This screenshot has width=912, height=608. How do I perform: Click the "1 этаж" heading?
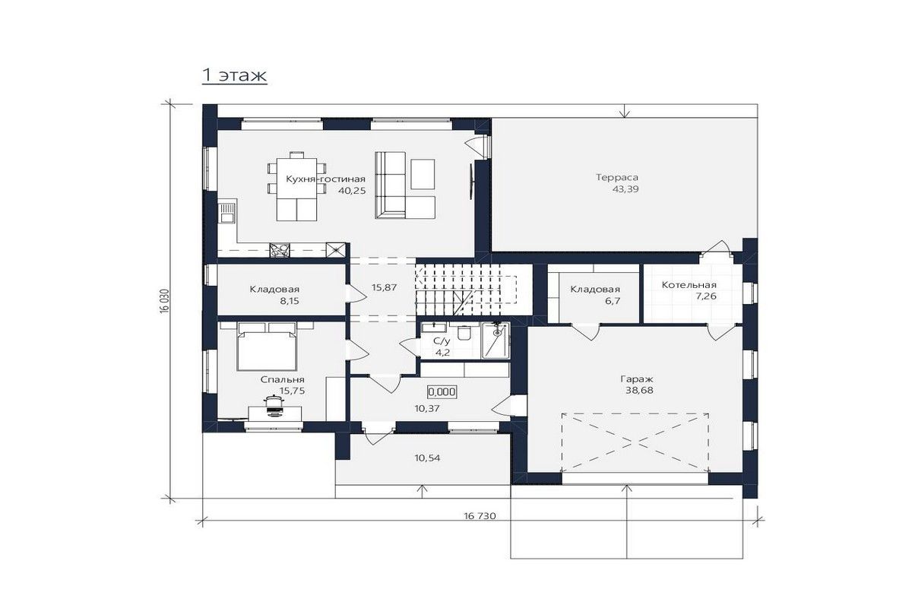pyautogui.click(x=235, y=75)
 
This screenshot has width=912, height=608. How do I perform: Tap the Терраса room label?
pyautogui.click(x=617, y=178)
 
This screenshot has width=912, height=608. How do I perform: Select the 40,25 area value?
pyautogui.click(x=352, y=190)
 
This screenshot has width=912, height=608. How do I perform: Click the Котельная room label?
pyautogui.click(x=689, y=285)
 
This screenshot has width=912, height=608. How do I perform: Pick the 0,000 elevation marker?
pyautogui.click(x=442, y=391)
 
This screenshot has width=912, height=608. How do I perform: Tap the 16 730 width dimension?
pyautogui.click(x=480, y=516)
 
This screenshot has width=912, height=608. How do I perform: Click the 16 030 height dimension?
pyautogui.click(x=164, y=302)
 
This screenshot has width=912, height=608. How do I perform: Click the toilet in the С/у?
pyautogui.click(x=464, y=332)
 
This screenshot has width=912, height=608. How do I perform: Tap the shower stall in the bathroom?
pyautogui.click(x=496, y=340)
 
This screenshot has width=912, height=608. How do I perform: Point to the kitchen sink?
pyautogui.click(x=226, y=213)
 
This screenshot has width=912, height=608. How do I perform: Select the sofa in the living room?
pyautogui.click(x=390, y=185)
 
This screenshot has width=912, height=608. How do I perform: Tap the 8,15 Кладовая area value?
pyautogui.click(x=289, y=301)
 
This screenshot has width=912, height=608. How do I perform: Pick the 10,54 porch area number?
pyautogui.click(x=427, y=458)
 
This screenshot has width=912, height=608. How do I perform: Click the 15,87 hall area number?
pyautogui.click(x=384, y=287)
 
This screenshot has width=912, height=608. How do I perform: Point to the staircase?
pyautogui.click(x=465, y=289)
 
